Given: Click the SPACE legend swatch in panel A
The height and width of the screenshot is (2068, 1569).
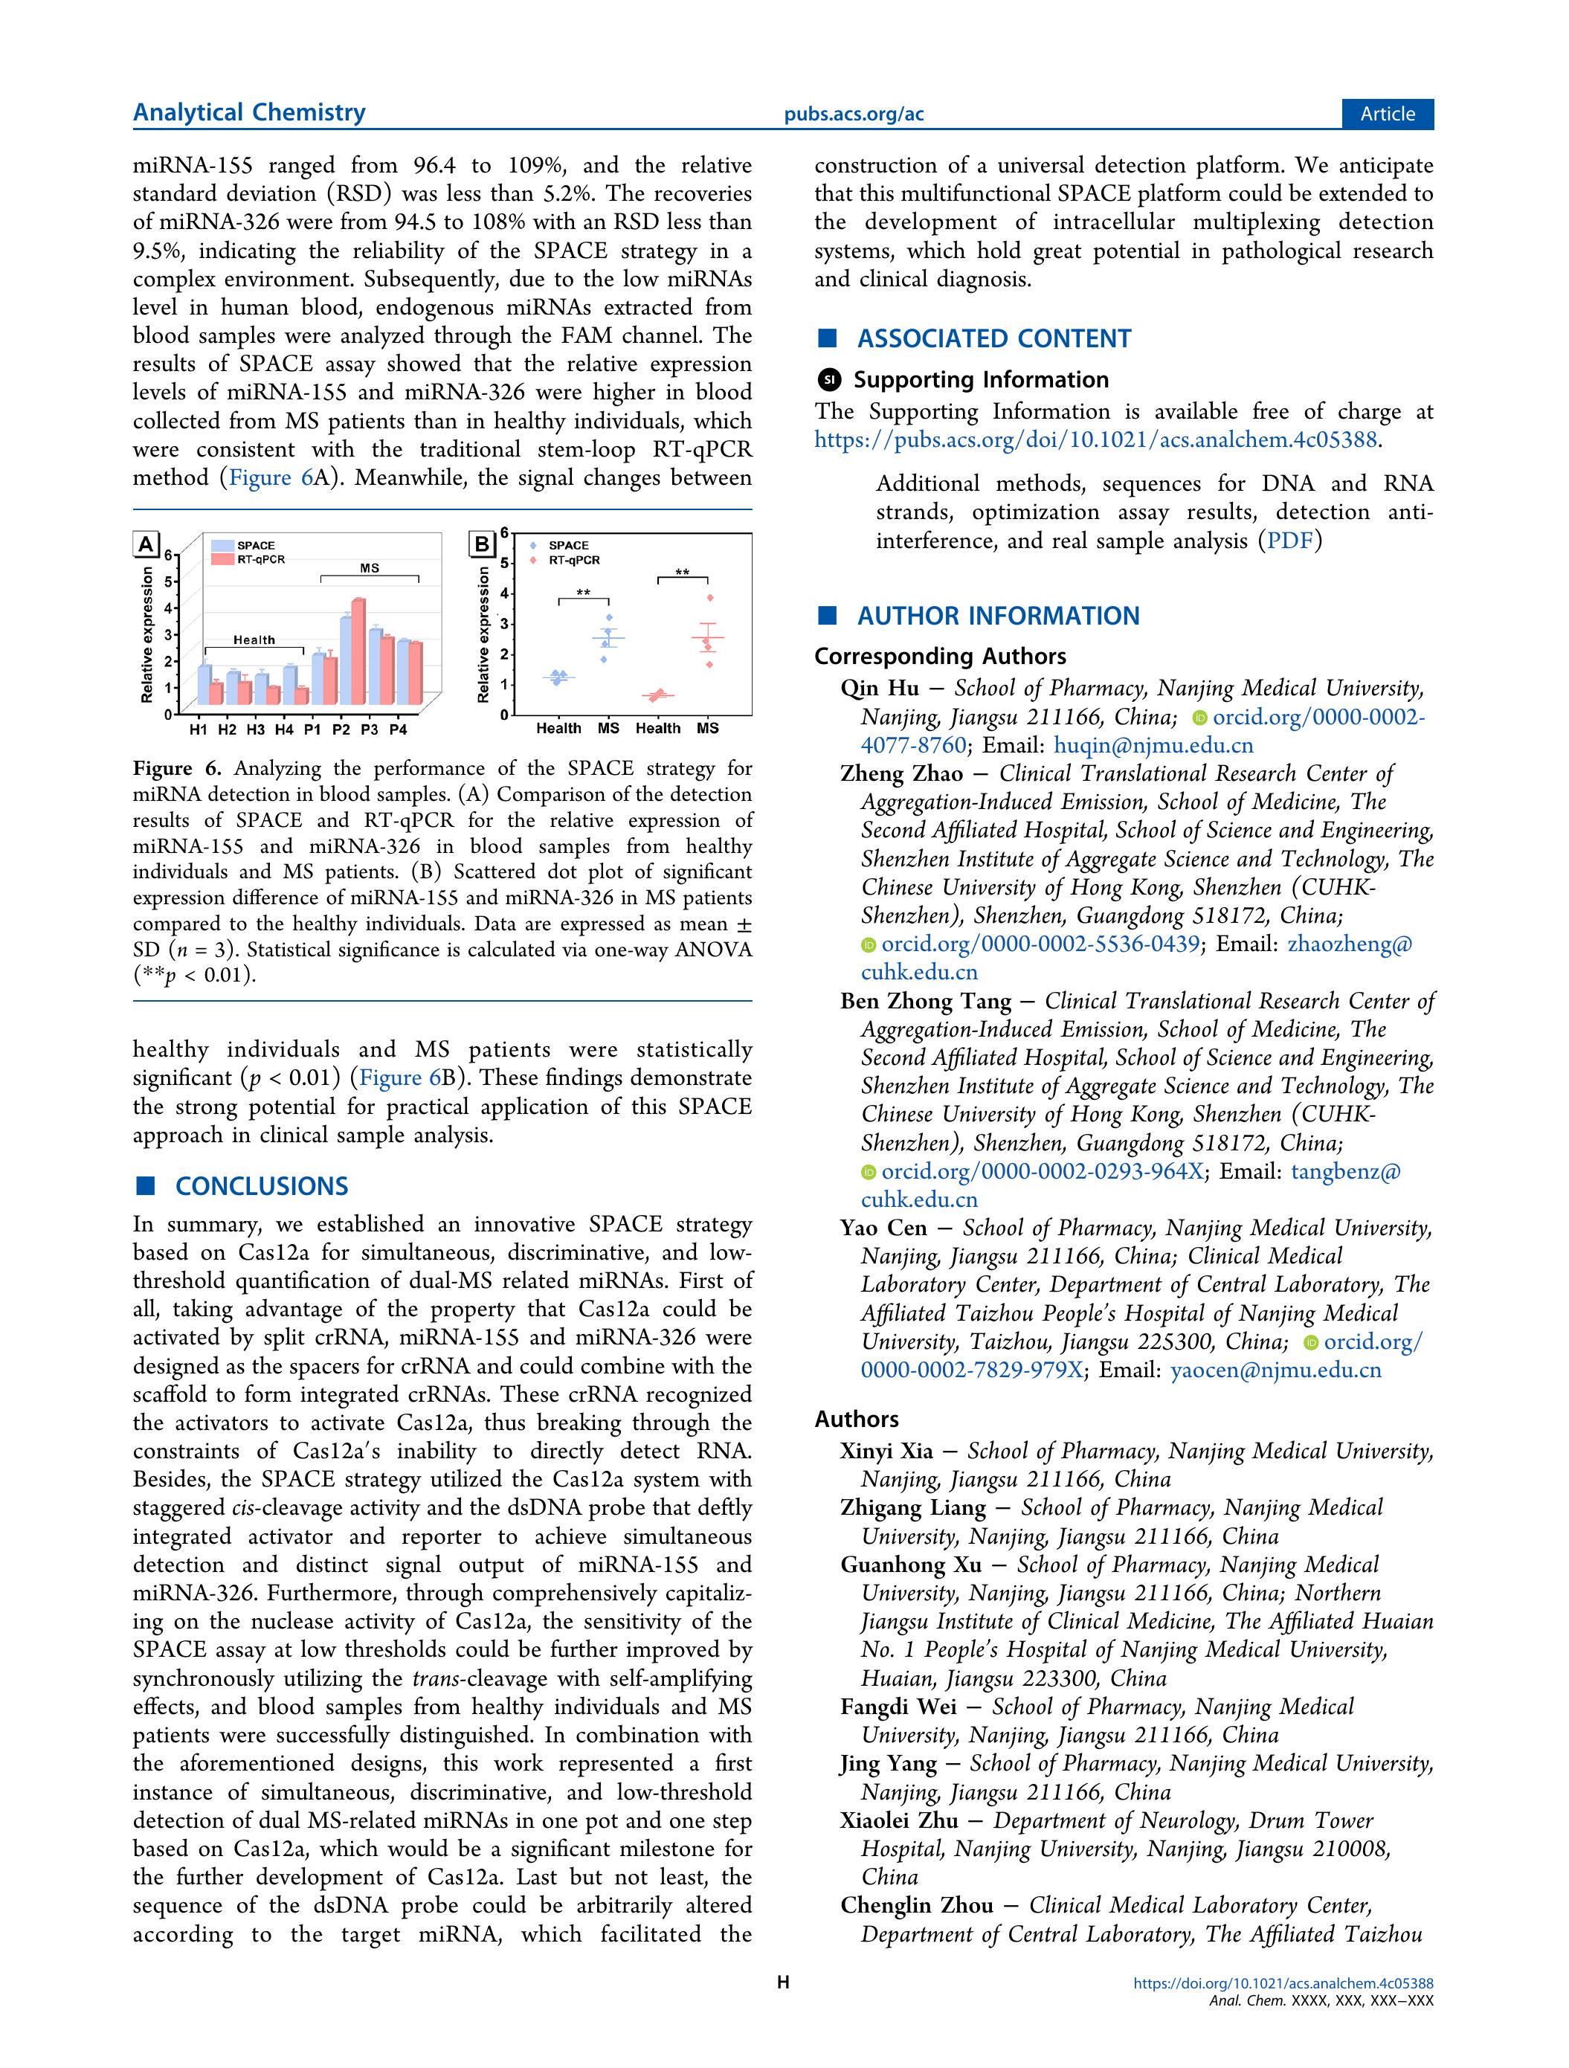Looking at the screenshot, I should [222, 546].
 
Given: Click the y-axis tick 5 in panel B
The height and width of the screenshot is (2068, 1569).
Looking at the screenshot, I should [503, 563].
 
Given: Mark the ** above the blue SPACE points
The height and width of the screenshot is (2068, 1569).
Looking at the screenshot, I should [584, 593].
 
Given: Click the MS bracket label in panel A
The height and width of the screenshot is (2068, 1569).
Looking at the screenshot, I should [370, 568].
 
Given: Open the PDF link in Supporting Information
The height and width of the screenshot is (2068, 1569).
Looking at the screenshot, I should [1289, 541].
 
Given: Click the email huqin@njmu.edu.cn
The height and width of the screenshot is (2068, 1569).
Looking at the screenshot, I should [1153, 745].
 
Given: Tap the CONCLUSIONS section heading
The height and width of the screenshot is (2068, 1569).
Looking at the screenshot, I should [261, 1186].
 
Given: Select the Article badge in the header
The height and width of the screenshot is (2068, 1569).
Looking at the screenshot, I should [1388, 114].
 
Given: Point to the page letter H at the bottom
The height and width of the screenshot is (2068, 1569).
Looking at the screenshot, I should [784, 1982].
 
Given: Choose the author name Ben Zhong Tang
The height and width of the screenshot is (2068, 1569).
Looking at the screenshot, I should [926, 1001].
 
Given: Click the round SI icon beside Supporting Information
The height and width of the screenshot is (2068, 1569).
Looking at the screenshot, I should [828, 379].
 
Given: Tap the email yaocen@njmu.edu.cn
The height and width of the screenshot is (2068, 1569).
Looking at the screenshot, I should [1275, 1370].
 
